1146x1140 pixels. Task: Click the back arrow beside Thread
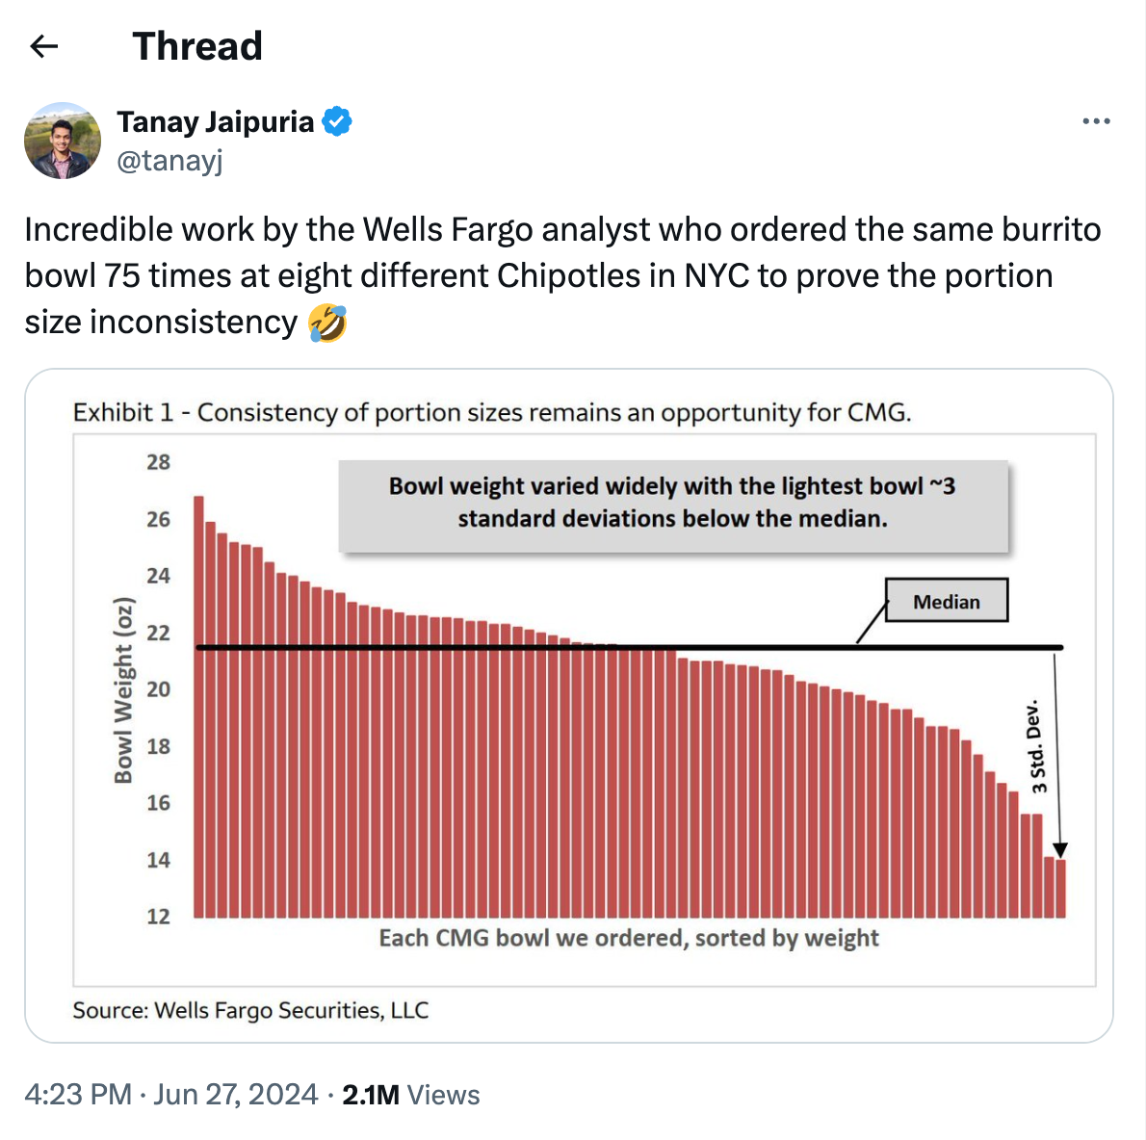point(44,46)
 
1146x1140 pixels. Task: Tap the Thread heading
point(197,46)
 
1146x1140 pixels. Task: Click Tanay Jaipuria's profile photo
point(63,141)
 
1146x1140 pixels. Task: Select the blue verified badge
point(337,122)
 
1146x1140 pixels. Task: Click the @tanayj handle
point(169,160)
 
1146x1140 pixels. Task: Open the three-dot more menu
point(1096,121)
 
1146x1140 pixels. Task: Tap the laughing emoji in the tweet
point(327,323)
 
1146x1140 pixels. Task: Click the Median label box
point(946,601)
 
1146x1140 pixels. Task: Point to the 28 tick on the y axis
point(158,462)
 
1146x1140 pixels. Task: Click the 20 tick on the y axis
point(158,689)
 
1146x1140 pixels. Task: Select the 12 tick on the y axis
point(158,916)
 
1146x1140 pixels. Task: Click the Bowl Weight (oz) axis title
point(123,689)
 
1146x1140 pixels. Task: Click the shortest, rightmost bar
point(1060,888)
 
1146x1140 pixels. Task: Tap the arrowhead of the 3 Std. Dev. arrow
point(1059,850)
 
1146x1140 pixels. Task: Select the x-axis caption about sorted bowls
point(628,938)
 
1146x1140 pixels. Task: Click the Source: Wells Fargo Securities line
point(250,1010)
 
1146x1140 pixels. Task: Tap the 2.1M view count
point(371,1095)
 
